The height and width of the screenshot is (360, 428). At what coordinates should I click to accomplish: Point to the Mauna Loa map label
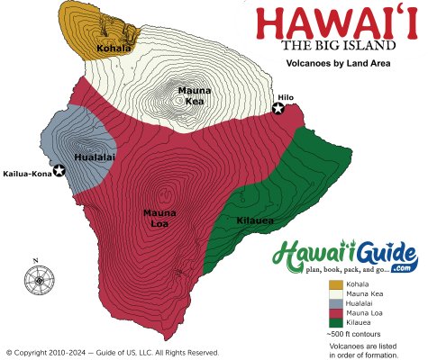click(159, 217)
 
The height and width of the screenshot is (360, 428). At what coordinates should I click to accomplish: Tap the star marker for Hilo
click(278, 109)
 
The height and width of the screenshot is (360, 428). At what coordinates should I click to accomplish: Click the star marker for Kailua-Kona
click(59, 171)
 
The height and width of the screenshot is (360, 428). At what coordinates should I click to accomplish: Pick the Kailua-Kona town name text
click(28, 172)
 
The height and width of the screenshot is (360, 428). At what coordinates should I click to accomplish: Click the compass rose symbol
click(39, 282)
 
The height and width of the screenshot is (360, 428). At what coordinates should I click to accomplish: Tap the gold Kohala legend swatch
click(334, 285)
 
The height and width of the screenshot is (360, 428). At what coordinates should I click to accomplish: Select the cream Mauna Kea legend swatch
click(334, 295)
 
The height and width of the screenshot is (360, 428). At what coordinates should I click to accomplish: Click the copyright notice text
click(112, 352)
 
